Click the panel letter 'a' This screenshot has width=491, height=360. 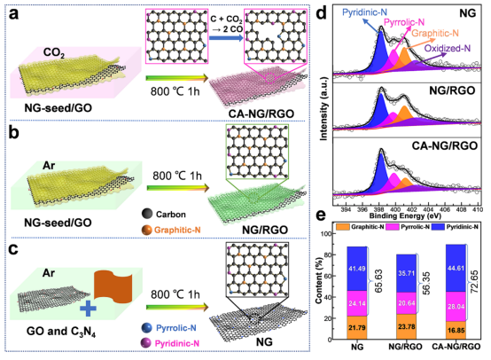(13, 14)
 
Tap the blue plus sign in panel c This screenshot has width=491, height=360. (88, 309)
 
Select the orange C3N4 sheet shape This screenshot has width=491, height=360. (113, 286)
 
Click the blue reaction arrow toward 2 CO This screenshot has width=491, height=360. (226, 38)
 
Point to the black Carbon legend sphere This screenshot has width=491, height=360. (147, 214)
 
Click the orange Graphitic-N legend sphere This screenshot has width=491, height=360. (147, 230)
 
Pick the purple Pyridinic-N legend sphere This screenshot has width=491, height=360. (146, 343)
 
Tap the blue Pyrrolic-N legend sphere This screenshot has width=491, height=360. (146, 328)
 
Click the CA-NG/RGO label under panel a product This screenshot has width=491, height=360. (261, 113)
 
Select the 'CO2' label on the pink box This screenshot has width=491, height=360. (54, 52)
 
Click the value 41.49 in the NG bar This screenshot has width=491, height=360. (357, 268)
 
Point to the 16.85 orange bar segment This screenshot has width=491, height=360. (456, 330)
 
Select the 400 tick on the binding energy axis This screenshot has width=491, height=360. (395, 209)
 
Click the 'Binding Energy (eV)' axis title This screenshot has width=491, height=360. (405, 215)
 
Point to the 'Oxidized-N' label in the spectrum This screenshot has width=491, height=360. (448, 48)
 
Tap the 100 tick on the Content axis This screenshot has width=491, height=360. (326, 234)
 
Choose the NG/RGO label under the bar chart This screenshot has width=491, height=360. (405, 347)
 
